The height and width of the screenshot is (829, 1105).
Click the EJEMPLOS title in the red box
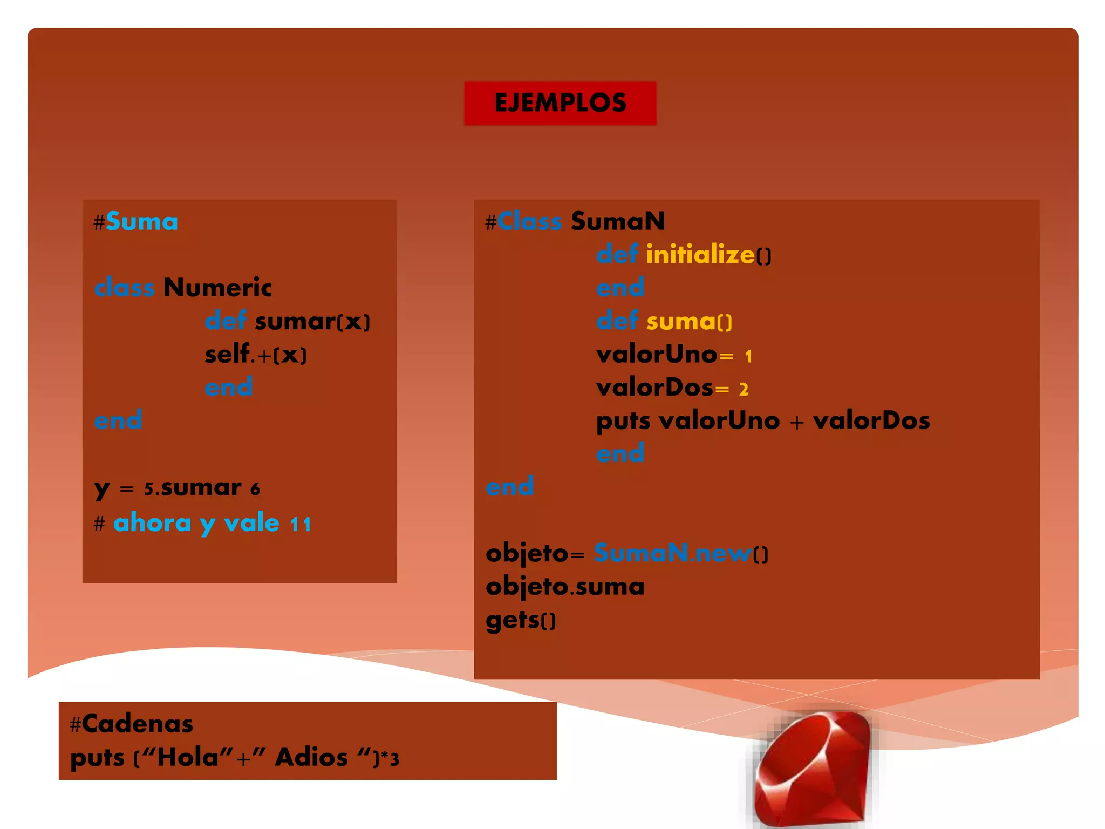point(560,103)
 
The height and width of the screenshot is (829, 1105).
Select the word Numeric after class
point(217,287)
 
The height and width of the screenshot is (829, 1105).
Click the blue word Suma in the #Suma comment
point(142,222)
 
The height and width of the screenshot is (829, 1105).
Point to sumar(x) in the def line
point(312,322)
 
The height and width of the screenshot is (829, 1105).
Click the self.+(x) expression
point(256,355)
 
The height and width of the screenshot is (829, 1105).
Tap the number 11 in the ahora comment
point(301,524)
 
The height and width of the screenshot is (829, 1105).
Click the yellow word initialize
point(700,254)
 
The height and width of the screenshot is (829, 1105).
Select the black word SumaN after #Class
point(618,221)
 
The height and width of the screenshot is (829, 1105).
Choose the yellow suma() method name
point(689,322)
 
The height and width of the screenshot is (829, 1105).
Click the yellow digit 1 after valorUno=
point(748,356)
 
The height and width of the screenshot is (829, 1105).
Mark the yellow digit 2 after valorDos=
point(744,389)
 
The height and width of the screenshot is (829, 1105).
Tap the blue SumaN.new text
point(673,553)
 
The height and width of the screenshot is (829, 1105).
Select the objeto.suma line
point(565,587)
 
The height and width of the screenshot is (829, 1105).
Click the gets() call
point(521,620)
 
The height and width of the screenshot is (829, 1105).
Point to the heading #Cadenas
point(132,724)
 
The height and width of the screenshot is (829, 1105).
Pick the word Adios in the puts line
point(311,757)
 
